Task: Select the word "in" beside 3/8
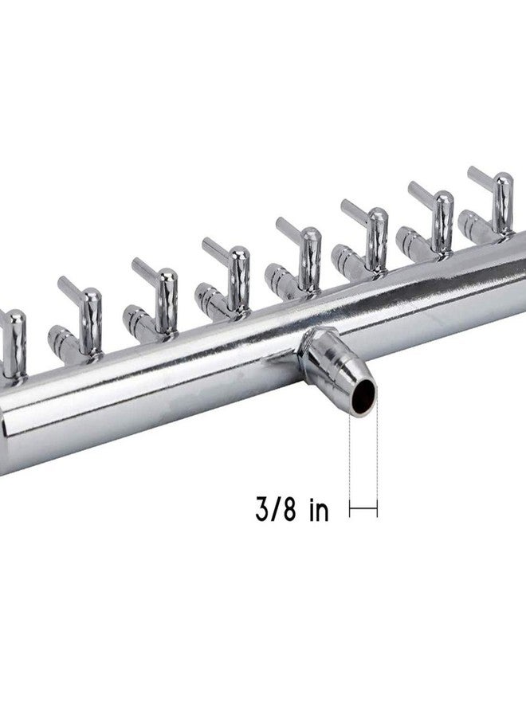pos(319,510)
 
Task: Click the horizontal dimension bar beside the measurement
pos(363,507)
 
